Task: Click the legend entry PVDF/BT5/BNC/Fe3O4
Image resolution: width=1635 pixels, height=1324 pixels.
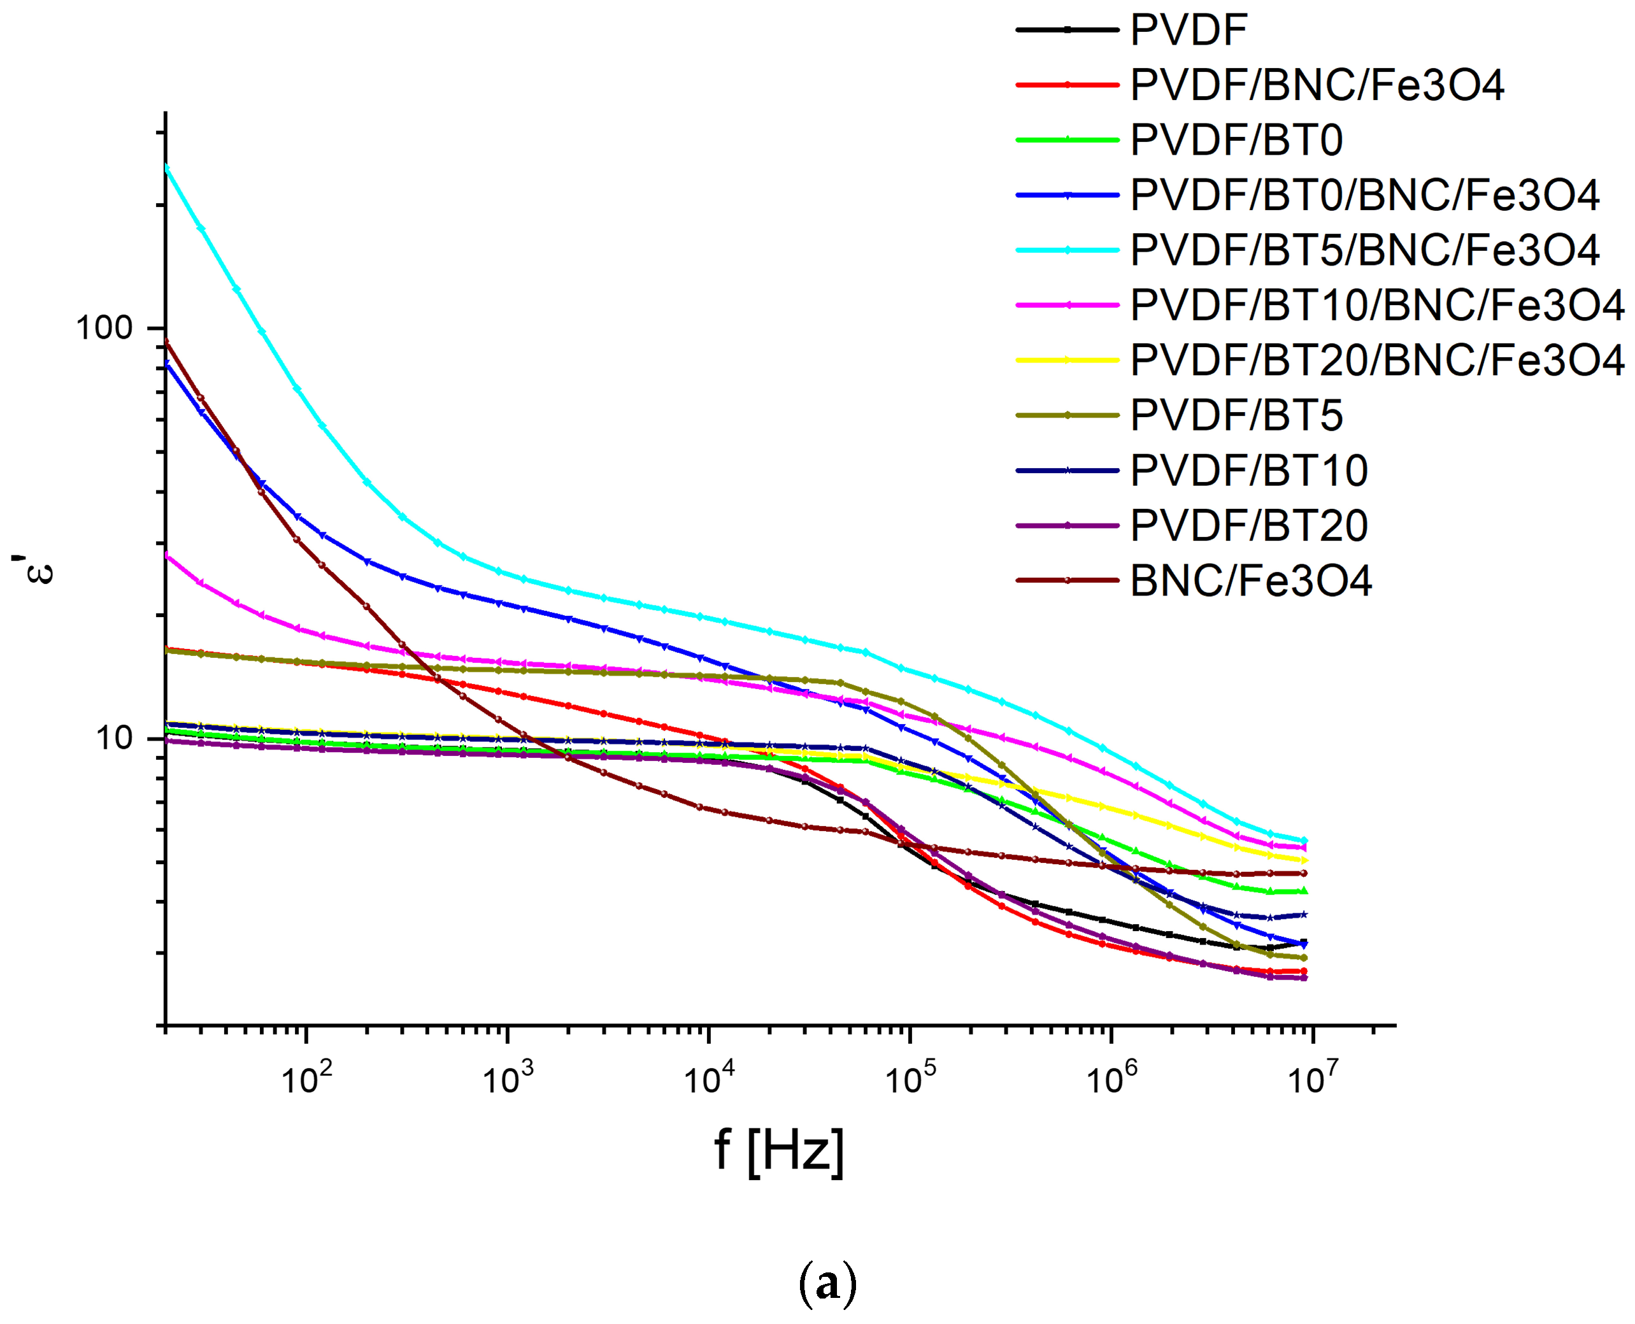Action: pyautogui.click(x=1364, y=250)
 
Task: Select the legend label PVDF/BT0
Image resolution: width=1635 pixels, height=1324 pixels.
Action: pyautogui.click(x=1236, y=140)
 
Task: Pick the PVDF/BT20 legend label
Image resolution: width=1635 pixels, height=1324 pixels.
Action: pyautogui.click(x=1248, y=525)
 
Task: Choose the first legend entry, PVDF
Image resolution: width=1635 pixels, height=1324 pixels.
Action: pyautogui.click(x=1188, y=31)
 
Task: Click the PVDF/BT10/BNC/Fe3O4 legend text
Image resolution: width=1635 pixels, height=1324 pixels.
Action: pyautogui.click(x=1376, y=305)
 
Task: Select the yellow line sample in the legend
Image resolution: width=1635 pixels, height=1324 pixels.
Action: pyautogui.click(x=1067, y=360)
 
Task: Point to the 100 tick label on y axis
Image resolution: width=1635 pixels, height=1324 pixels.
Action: pyautogui.click(x=104, y=328)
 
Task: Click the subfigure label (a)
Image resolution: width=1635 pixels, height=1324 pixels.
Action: pyautogui.click(x=827, y=1285)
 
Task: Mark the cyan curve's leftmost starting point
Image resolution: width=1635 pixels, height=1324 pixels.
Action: pyautogui.click(x=167, y=167)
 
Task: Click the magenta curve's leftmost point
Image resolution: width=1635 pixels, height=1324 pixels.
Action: pyautogui.click(x=167, y=555)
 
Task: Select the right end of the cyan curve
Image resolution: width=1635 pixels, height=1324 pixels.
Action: pyautogui.click(x=1304, y=841)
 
